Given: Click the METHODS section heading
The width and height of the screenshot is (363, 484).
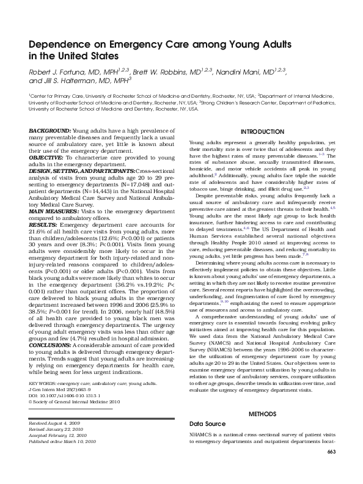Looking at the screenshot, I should coord(262,414).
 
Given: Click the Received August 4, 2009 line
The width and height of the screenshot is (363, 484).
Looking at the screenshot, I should coord(55,423).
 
